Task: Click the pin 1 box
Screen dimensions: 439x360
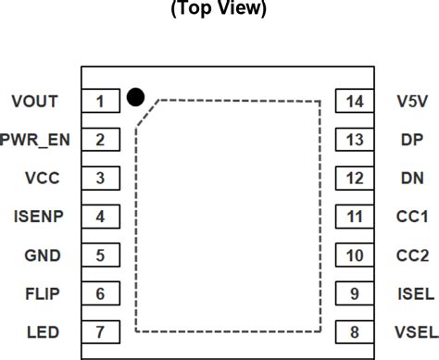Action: (x=101, y=101)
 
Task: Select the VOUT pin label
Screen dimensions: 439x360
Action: (x=36, y=101)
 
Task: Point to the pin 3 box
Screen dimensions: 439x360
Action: (x=101, y=178)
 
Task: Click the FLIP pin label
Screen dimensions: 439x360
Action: (x=44, y=293)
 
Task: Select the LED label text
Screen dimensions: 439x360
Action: (x=44, y=331)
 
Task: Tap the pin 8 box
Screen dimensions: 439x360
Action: (x=354, y=331)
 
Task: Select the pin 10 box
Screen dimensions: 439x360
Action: (x=354, y=254)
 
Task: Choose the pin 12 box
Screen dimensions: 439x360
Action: (x=354, y=178)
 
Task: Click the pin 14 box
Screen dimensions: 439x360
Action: (x=354, y=101)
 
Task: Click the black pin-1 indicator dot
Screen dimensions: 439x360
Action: (x=135, y=95)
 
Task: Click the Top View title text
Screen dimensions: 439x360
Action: (x=219, y=10)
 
